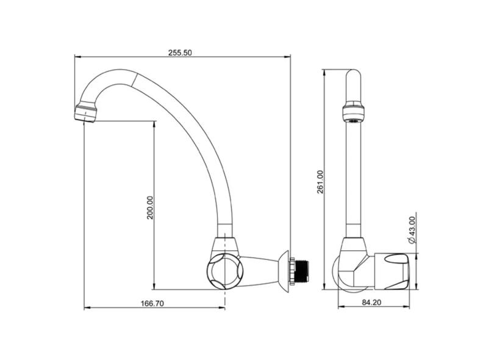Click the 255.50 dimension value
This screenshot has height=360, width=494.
[181, 52]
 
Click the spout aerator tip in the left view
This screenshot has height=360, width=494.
[85, 113]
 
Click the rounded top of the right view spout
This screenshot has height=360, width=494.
[353, 76]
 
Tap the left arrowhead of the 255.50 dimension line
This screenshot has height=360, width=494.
[77, 57]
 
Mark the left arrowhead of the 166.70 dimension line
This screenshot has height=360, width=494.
[86, 307]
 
